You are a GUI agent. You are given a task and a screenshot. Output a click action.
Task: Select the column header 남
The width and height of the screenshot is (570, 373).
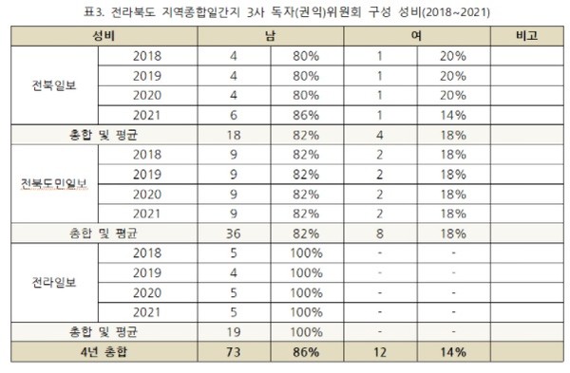pyautogui.click(x=272, y=37)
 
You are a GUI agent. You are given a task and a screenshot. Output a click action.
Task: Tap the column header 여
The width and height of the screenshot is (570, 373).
pyautogui.click(x=415, y=37)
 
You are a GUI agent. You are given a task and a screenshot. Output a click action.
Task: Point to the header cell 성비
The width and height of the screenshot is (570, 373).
pyautogui.click(x=104, y=37)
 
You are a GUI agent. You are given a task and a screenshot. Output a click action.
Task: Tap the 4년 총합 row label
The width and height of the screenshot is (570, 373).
pyautogui.click(x=104, y=353)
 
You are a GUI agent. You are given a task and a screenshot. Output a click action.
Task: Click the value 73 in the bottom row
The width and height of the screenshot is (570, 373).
pyautogui.click(x=234, y=353)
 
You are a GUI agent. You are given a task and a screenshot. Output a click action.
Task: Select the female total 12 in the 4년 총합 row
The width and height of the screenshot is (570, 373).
pyautogui.click(x=379, y=353)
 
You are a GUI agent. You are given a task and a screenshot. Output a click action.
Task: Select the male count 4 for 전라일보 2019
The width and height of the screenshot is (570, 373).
pyautogui.click(x=234, y=271)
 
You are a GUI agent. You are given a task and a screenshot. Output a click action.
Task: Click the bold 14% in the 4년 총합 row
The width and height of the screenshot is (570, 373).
pyautogui.click(x=451, y=353)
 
